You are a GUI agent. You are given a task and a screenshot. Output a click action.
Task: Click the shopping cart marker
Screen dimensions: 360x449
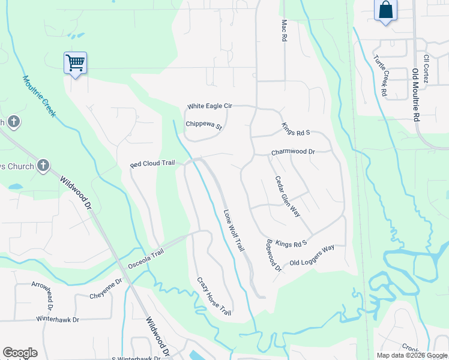[75, 62]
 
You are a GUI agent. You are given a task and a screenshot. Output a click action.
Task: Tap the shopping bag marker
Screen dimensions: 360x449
[385, 10]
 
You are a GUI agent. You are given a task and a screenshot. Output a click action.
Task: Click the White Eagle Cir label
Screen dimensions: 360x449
[209, 106]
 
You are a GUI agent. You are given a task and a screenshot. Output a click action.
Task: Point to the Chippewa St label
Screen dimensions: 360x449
[203, 126]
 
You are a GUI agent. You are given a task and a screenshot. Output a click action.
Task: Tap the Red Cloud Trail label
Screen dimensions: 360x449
[152, 164]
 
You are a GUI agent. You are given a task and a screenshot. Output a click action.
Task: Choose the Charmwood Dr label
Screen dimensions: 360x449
[293, 152]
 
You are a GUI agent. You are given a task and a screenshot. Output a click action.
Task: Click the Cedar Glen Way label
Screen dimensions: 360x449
[287, 196]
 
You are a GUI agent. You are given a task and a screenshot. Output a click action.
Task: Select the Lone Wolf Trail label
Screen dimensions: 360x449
[235, 230]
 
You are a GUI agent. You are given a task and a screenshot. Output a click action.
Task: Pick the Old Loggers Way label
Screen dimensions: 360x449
[312, 256]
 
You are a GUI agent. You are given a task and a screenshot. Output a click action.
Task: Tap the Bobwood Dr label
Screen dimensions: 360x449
[273, 256]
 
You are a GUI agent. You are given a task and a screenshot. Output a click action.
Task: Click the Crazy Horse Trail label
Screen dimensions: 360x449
[214, 296]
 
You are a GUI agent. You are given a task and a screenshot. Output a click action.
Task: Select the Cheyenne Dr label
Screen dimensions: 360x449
[106, 280]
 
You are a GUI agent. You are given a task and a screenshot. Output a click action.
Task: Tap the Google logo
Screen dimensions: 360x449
[20, 353]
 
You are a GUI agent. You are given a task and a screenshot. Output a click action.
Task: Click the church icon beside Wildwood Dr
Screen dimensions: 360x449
[43, 166]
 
